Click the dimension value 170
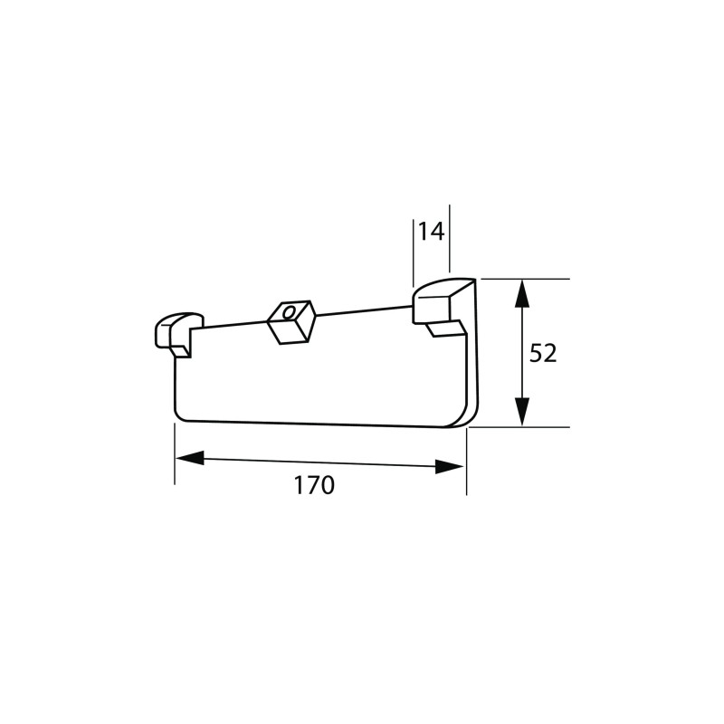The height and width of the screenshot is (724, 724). tap(314, 485)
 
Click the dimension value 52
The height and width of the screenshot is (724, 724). tap(543, 353)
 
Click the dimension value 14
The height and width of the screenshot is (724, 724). tap(432, 232)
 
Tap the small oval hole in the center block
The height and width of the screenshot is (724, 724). tap(288, 313)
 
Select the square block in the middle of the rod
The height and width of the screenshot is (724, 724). tap(291, 322)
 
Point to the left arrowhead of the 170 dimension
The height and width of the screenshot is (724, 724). tap(189, 459)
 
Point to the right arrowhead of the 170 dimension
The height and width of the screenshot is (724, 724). tap(449, 467)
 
